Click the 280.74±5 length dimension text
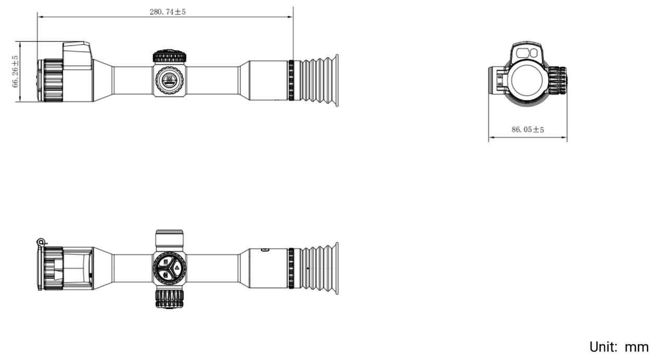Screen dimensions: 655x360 click(168, 11)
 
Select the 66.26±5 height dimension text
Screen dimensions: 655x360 click(15, 71)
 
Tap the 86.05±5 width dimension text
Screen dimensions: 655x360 click(528, 129)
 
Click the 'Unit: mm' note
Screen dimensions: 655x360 click(619, 347)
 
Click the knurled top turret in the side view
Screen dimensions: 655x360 click(169, 56)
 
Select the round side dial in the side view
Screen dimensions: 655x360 click(169, 80)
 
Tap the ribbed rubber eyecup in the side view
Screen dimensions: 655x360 click(319, 81)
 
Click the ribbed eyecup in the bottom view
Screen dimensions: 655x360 click(319, 268)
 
